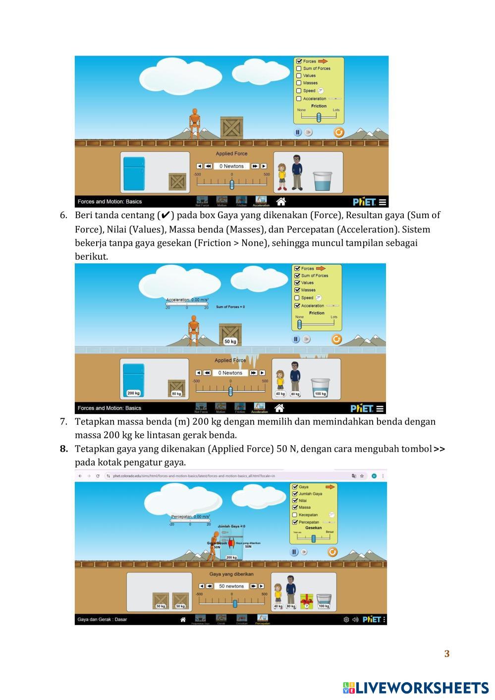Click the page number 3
[446, 653]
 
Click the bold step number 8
[64, 449]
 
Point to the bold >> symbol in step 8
[439, 449]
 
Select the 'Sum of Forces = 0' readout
[230, 307]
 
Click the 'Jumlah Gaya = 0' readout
[231, 526]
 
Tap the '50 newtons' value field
[231, 586]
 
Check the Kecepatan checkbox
[295, 515]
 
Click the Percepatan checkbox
[295, 522]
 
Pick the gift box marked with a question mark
[307, 601]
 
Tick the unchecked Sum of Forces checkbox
[299, 68]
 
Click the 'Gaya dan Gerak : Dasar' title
[102, 619]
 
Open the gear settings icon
[346, 619]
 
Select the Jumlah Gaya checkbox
[295, 494]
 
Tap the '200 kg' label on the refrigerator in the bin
[133, 393]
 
